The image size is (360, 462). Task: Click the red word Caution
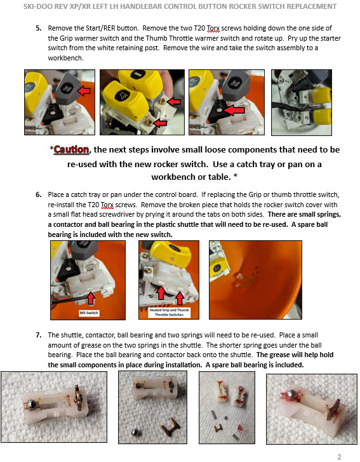[x=71, y=149]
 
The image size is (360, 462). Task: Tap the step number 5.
[x=38, y=29]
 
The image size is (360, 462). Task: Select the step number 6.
[x=38, y=194]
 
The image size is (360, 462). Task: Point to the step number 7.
[x=38, y=336]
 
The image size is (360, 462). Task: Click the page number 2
[x=340, y=457]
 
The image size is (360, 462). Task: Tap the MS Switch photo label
[x=89, y=313]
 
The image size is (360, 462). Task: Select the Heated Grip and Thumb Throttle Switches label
[x=169, y=312]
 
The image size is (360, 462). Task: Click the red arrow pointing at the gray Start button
[x=84, y=91]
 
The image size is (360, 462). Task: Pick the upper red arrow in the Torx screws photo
[x=173, y=102]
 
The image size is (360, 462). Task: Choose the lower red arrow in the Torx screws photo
[x=160, y=123]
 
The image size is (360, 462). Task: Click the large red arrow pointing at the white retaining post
[x=234, y=111]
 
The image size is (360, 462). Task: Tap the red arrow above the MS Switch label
[x=91, y=298]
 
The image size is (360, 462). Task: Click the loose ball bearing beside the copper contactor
[x=135, y=433]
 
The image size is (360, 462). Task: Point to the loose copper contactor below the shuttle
[x=170, y=426]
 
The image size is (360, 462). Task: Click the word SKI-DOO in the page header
[x=37, y=6]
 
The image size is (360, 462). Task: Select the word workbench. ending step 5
[x=65, y=58]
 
